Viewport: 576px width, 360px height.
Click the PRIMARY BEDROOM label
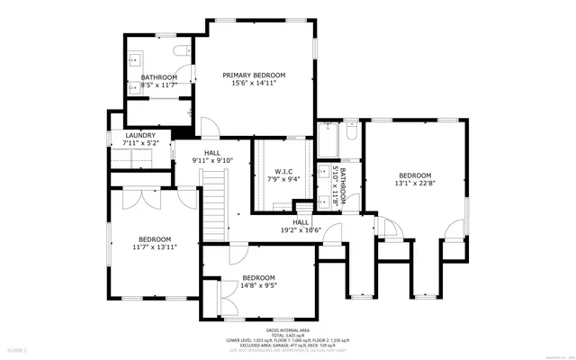click(255, 75)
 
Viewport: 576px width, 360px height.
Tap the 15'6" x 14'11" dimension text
click(255, 83)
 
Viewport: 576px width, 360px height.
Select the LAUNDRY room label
click(139, 135)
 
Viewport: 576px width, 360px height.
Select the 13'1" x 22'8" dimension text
click(415, 184)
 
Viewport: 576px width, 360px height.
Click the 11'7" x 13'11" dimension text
click(154, 247)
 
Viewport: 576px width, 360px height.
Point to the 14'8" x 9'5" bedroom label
click(258, 278)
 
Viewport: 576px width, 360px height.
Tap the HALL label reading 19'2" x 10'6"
click(301, 221)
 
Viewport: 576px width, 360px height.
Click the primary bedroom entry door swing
click(207, 127)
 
